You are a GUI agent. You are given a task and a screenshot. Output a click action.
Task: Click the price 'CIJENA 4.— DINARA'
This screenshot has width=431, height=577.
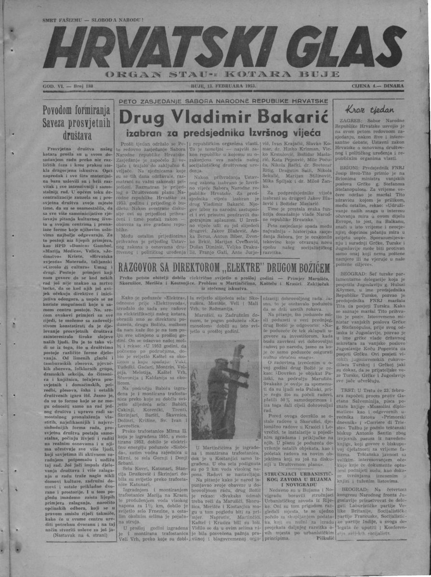pos(378,86)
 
